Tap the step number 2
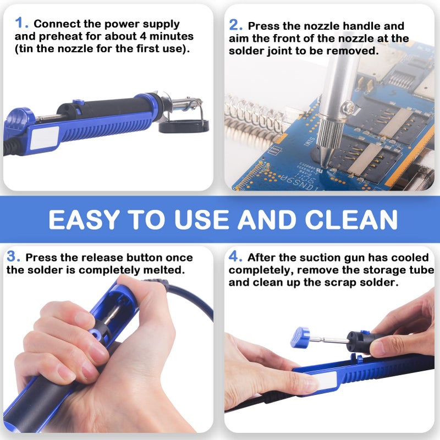click(x=235, y=25)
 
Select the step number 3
click(x=13, y=257)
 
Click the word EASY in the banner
click(x=82, y=219)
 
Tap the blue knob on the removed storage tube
click(x=300, y=337)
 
